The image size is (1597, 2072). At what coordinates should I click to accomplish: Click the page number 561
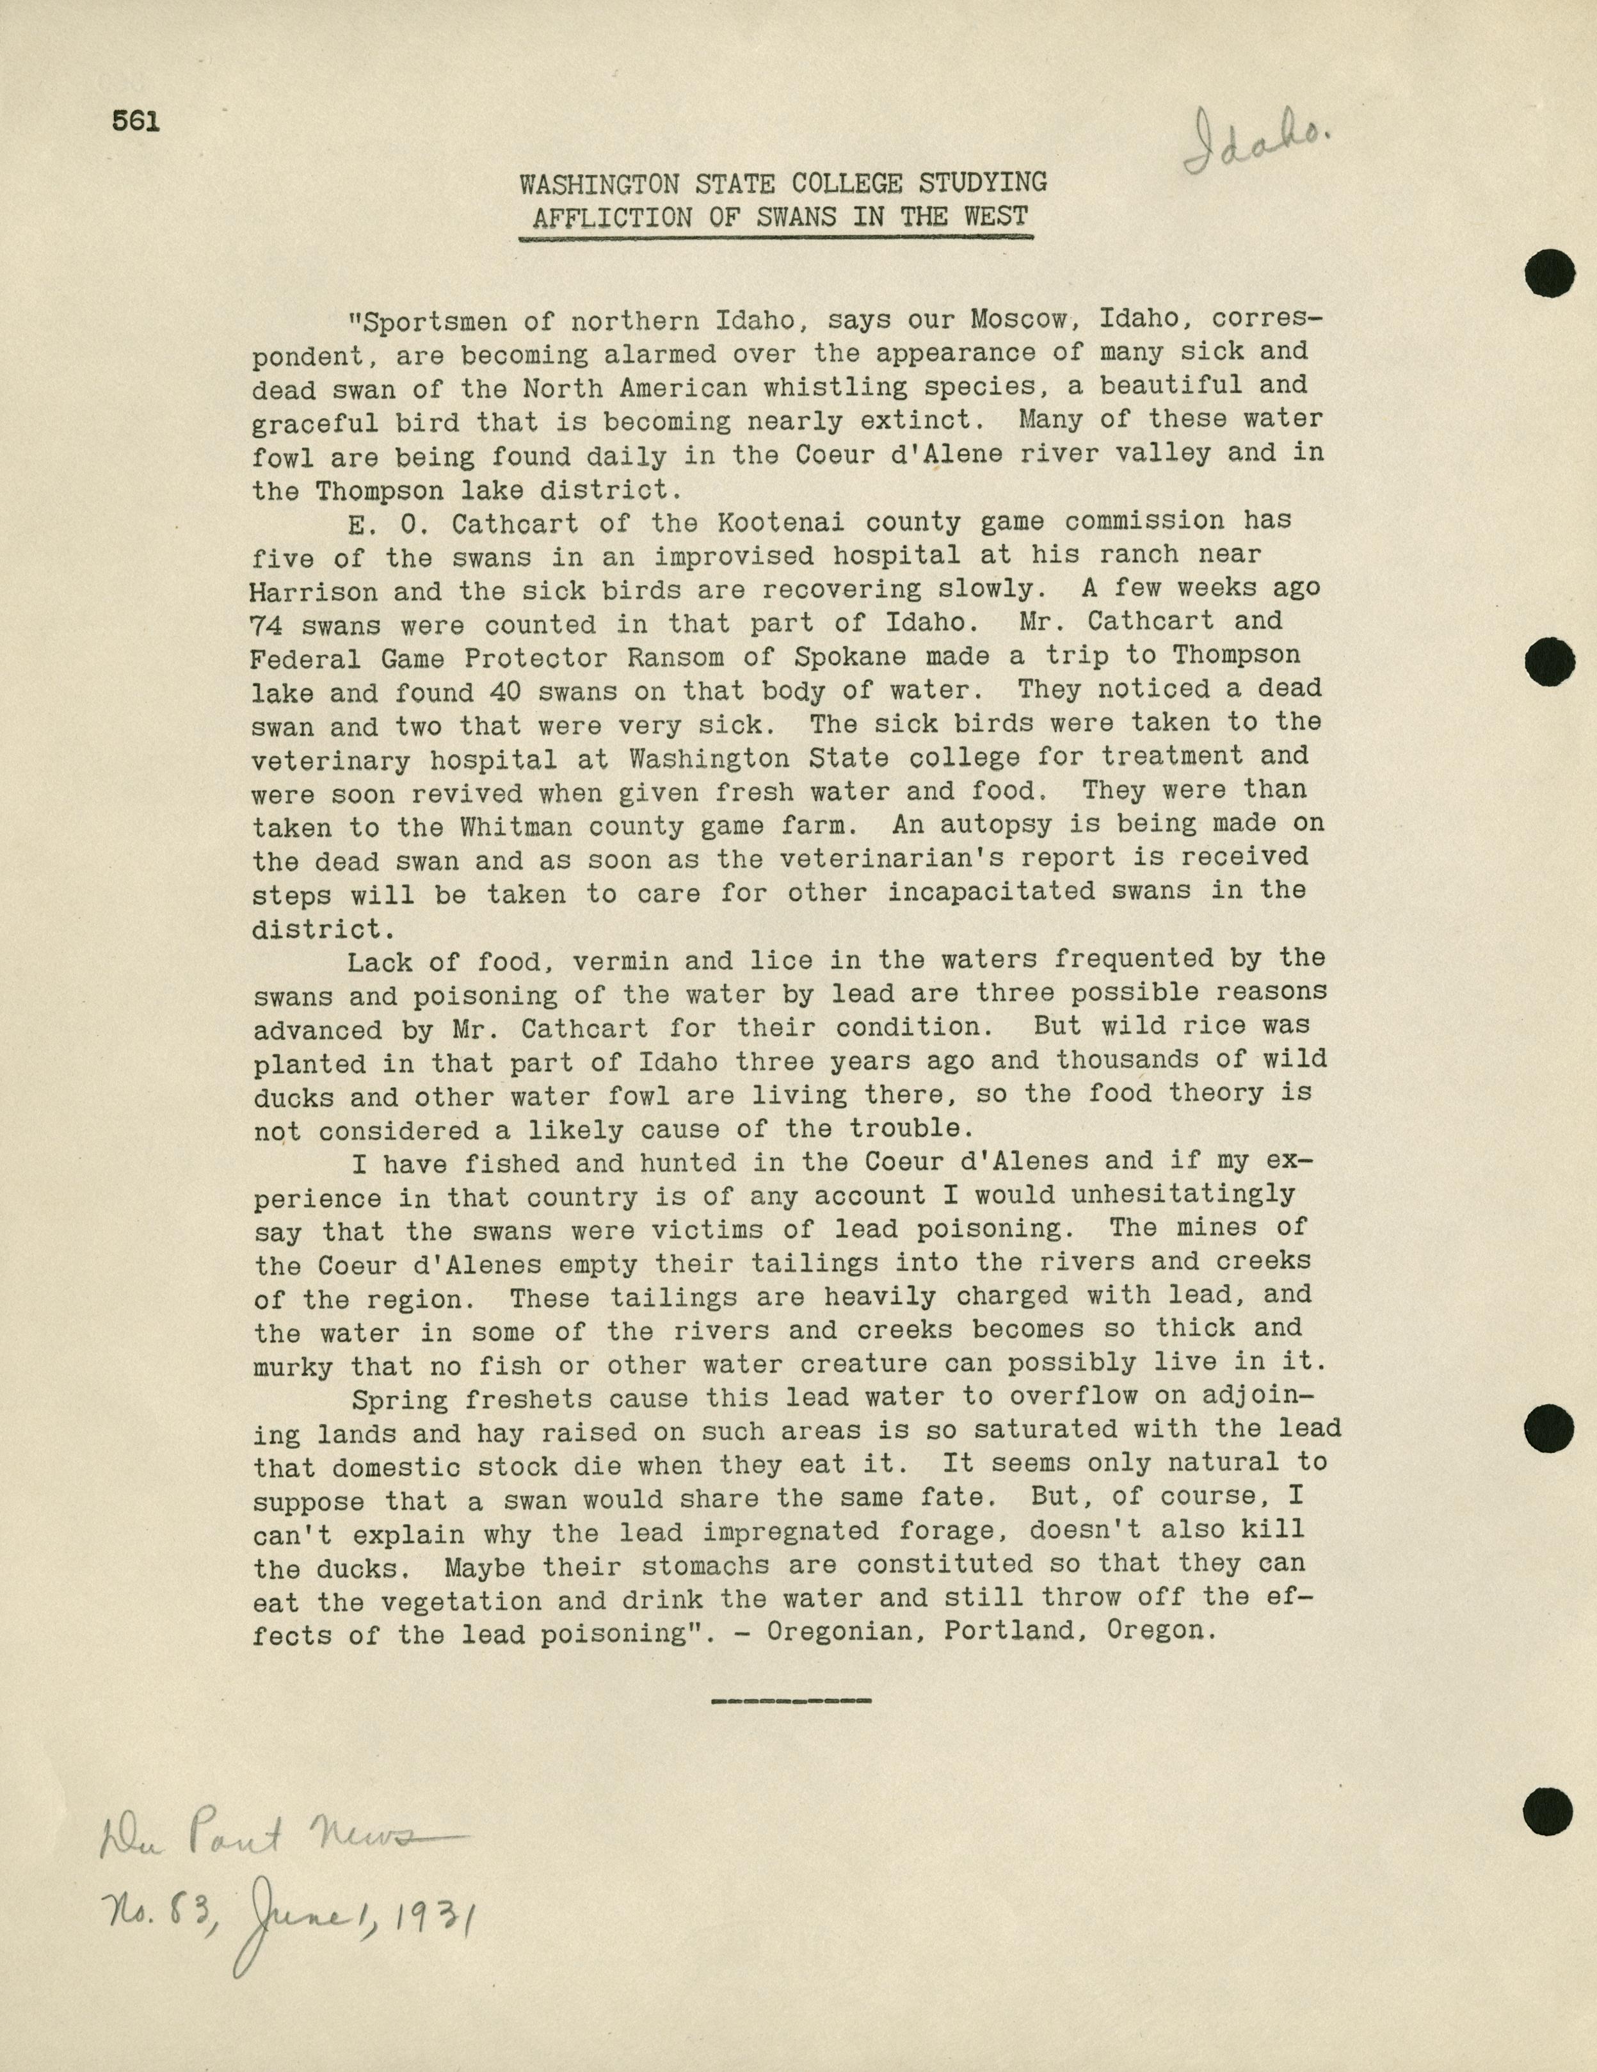136,122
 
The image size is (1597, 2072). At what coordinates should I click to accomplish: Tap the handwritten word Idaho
1256,142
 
